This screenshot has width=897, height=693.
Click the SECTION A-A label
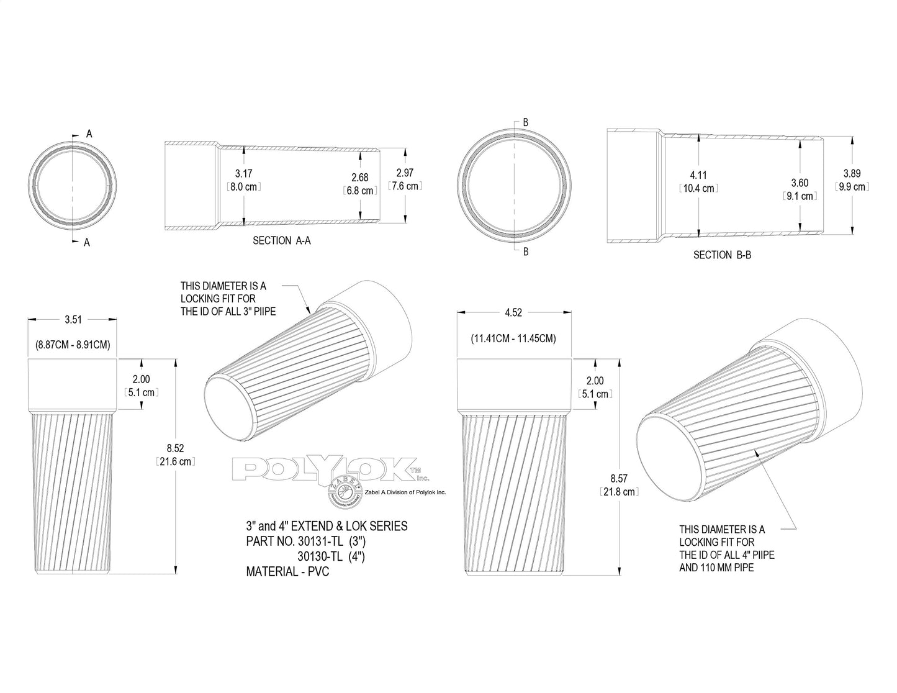[x=281, y=240]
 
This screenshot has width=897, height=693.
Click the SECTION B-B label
[x=722, y=255]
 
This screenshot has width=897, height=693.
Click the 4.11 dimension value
[x=698, y=176]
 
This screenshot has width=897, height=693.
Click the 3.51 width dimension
[x=73, y=320]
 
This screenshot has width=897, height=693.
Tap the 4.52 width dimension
[x=513, y=313]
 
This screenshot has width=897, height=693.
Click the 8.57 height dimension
[x=619, y=478]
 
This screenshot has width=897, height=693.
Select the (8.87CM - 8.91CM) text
[x=73, y=344]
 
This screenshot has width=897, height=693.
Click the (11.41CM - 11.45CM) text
[x=513, y=338]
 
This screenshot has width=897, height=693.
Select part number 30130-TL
[x=322, y=556]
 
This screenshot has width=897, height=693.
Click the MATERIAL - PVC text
[x=287, y=571]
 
